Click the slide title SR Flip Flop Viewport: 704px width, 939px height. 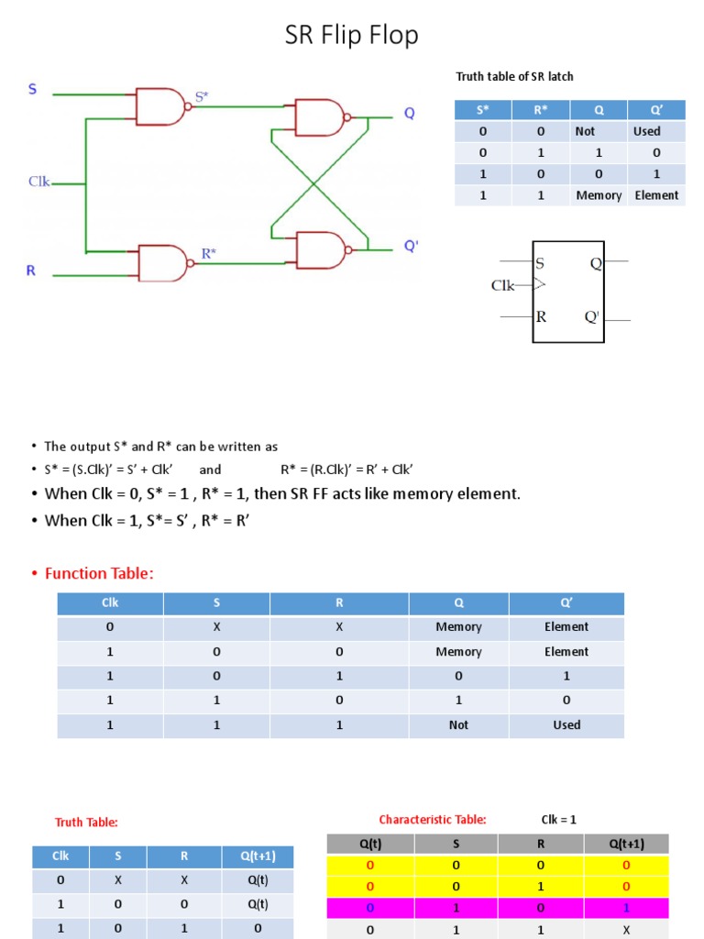click(352, 35)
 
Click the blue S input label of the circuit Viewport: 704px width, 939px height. click(33, 90)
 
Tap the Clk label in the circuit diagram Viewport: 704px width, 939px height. click(38, 182)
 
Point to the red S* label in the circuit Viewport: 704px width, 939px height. click(203, 95)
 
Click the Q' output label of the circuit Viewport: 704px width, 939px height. click(411, 247)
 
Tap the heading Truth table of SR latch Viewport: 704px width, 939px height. click(514, 76)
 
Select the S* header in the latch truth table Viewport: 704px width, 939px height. click(483, 110)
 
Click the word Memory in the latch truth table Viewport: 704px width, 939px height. click(599, 195)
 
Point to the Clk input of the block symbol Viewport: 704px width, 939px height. click(503, 285)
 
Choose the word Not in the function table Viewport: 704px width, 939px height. click(458, 724)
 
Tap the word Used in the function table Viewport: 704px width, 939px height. click(566, 724)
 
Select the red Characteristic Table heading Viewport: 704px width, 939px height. click(433, 820)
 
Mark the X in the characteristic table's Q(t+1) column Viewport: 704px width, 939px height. click(626, 930)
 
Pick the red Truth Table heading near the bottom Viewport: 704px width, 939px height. click(86, 823)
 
